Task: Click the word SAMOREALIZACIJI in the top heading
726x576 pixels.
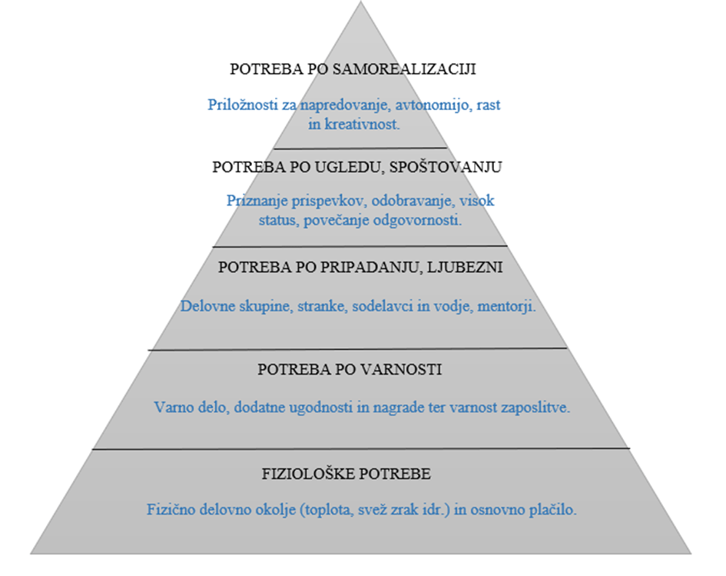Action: coord(404,69)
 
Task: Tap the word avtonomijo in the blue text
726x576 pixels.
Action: coord(433,105)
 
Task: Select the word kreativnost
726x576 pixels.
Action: coord(362,124)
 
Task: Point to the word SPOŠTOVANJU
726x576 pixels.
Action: coord(446,167)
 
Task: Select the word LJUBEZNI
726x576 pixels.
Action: coord(464,268)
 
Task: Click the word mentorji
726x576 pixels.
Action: coord(506,306)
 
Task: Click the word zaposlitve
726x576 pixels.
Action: coord(534,408)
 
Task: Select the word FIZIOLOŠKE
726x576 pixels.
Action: coord(308,474)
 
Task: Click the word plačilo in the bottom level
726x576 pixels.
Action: coord(553,510)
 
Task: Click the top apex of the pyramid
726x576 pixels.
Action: coord(360,2)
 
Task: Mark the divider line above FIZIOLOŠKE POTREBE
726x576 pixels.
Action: coord(361,448)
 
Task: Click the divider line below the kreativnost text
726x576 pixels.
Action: coord(360,148)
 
